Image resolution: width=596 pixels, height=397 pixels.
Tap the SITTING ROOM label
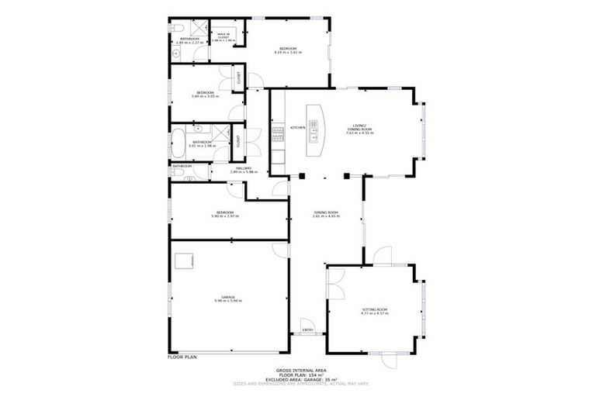click(x=374, y=309)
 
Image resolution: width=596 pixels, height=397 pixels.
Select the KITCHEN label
click(x=296, y=127)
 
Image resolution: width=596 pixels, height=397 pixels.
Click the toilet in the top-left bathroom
click(x=176, y=54)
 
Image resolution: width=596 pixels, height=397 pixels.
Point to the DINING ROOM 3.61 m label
click(x=326, y=214)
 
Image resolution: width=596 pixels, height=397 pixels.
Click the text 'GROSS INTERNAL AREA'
click(x=297, y=371)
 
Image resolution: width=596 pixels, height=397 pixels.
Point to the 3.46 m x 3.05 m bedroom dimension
click(x=205, y=96)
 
